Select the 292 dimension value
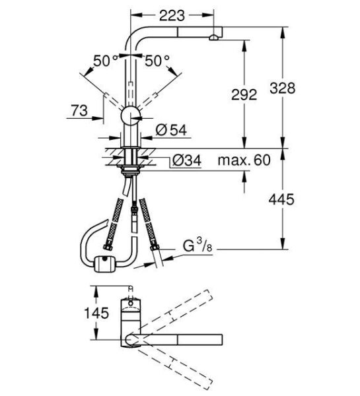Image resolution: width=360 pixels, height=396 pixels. coord(243,95)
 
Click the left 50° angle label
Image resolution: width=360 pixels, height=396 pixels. coord(106,61)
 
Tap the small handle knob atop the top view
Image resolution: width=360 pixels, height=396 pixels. coord(130,290)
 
